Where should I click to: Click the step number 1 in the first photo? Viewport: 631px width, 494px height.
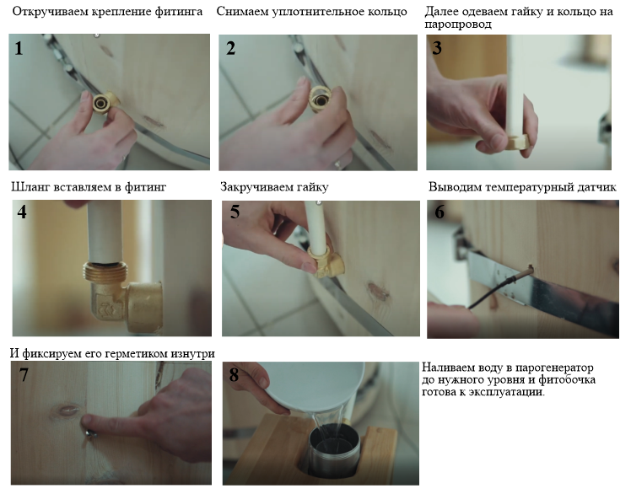click(19, 48)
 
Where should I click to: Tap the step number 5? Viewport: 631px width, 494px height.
click(235, 212)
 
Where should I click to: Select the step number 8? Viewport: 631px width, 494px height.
click(234, 375)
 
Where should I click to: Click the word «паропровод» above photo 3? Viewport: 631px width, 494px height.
click(458, 24)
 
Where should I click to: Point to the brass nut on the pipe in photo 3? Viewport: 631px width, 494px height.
click(517, 142)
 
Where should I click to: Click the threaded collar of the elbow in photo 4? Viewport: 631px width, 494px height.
click(105, 271)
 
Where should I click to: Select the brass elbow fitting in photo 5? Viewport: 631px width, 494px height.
click(326, 263)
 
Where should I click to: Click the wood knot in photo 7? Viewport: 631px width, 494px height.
click(68, 411)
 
